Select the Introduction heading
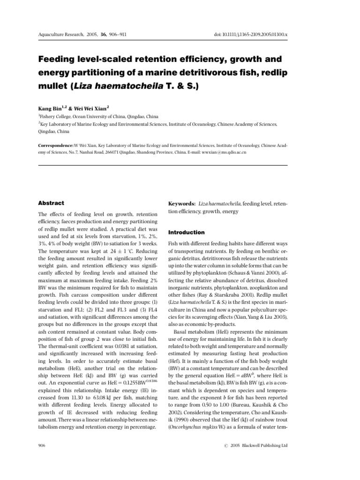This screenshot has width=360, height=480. click(x=186, y=232)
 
